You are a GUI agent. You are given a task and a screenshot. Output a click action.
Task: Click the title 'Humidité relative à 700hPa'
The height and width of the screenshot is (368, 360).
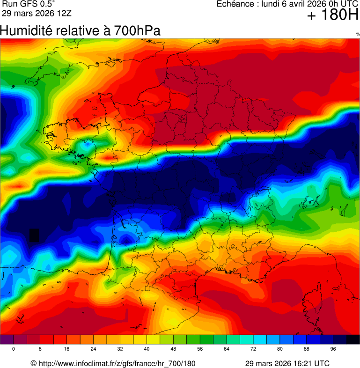point(80,31)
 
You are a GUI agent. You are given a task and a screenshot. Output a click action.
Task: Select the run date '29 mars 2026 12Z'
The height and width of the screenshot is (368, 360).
point(36,13)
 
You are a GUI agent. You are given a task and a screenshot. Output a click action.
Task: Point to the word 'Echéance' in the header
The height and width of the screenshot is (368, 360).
point(233,4)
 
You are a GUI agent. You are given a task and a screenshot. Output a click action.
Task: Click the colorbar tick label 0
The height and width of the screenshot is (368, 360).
point(13,349)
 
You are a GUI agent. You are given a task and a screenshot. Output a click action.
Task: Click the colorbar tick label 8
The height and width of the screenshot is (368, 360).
point(40,349)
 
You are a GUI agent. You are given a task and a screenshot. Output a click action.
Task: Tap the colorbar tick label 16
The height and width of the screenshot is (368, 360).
point(66,349)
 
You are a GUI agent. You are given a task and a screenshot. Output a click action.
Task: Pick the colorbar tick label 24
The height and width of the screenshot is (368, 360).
point(93,349)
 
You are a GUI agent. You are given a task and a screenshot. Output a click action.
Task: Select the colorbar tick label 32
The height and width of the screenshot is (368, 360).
point(120,349)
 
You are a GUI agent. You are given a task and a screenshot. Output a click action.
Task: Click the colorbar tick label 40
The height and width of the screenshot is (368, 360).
point(147,349)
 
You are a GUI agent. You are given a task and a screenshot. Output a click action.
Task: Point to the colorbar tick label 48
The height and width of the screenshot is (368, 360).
point(173,349)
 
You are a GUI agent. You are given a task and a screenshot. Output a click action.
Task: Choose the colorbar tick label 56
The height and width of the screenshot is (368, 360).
point(200,349)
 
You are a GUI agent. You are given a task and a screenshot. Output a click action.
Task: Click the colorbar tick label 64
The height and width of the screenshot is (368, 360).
point(227,349)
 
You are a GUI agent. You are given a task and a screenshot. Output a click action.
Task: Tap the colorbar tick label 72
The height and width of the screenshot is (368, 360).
point(253,349)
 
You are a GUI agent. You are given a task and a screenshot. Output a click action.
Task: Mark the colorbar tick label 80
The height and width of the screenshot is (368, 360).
point(280,349)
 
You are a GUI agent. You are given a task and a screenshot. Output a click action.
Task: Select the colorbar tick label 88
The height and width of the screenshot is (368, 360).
point(307,349)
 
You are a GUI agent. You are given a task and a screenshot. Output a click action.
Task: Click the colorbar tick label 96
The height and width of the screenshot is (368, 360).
point(333,349)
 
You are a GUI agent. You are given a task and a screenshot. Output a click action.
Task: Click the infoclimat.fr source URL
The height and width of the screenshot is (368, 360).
point(117,364)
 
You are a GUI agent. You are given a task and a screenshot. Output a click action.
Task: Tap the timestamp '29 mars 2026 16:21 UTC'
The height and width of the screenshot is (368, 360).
point(287,364)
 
